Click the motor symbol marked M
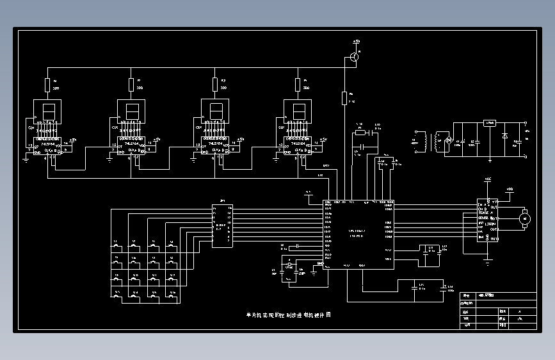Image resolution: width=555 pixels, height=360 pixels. tap(525, 219)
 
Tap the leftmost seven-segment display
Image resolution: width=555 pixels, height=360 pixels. tap(48, 111)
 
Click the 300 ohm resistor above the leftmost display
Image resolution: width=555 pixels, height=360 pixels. tap(47, 85)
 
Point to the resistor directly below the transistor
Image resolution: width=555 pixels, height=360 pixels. tap(344, 98)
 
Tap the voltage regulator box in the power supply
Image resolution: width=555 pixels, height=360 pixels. tap(490, 123)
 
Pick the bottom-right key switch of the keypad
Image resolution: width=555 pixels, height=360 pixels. tap(172, 295)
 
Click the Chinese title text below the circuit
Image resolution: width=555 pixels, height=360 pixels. tap(288, 315)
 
